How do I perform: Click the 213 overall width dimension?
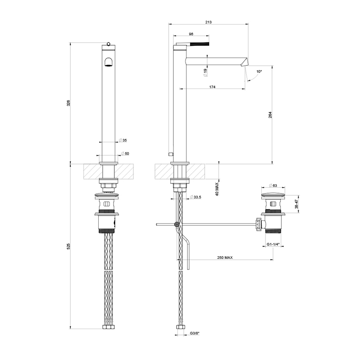[x=208, y=22]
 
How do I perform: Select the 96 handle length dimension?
[x=191, y=34]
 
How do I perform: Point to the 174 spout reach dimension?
[x=212, y=86]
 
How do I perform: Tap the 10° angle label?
[x=259, y=72]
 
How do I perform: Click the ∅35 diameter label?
[x=123, y=140]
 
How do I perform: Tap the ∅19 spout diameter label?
[x=205, y=72]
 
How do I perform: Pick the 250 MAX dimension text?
[x=225, y=258]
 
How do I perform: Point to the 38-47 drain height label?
[x=297, y=203]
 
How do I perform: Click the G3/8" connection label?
[x=195, y=334]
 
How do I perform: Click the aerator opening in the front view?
[x=108, y=63]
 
